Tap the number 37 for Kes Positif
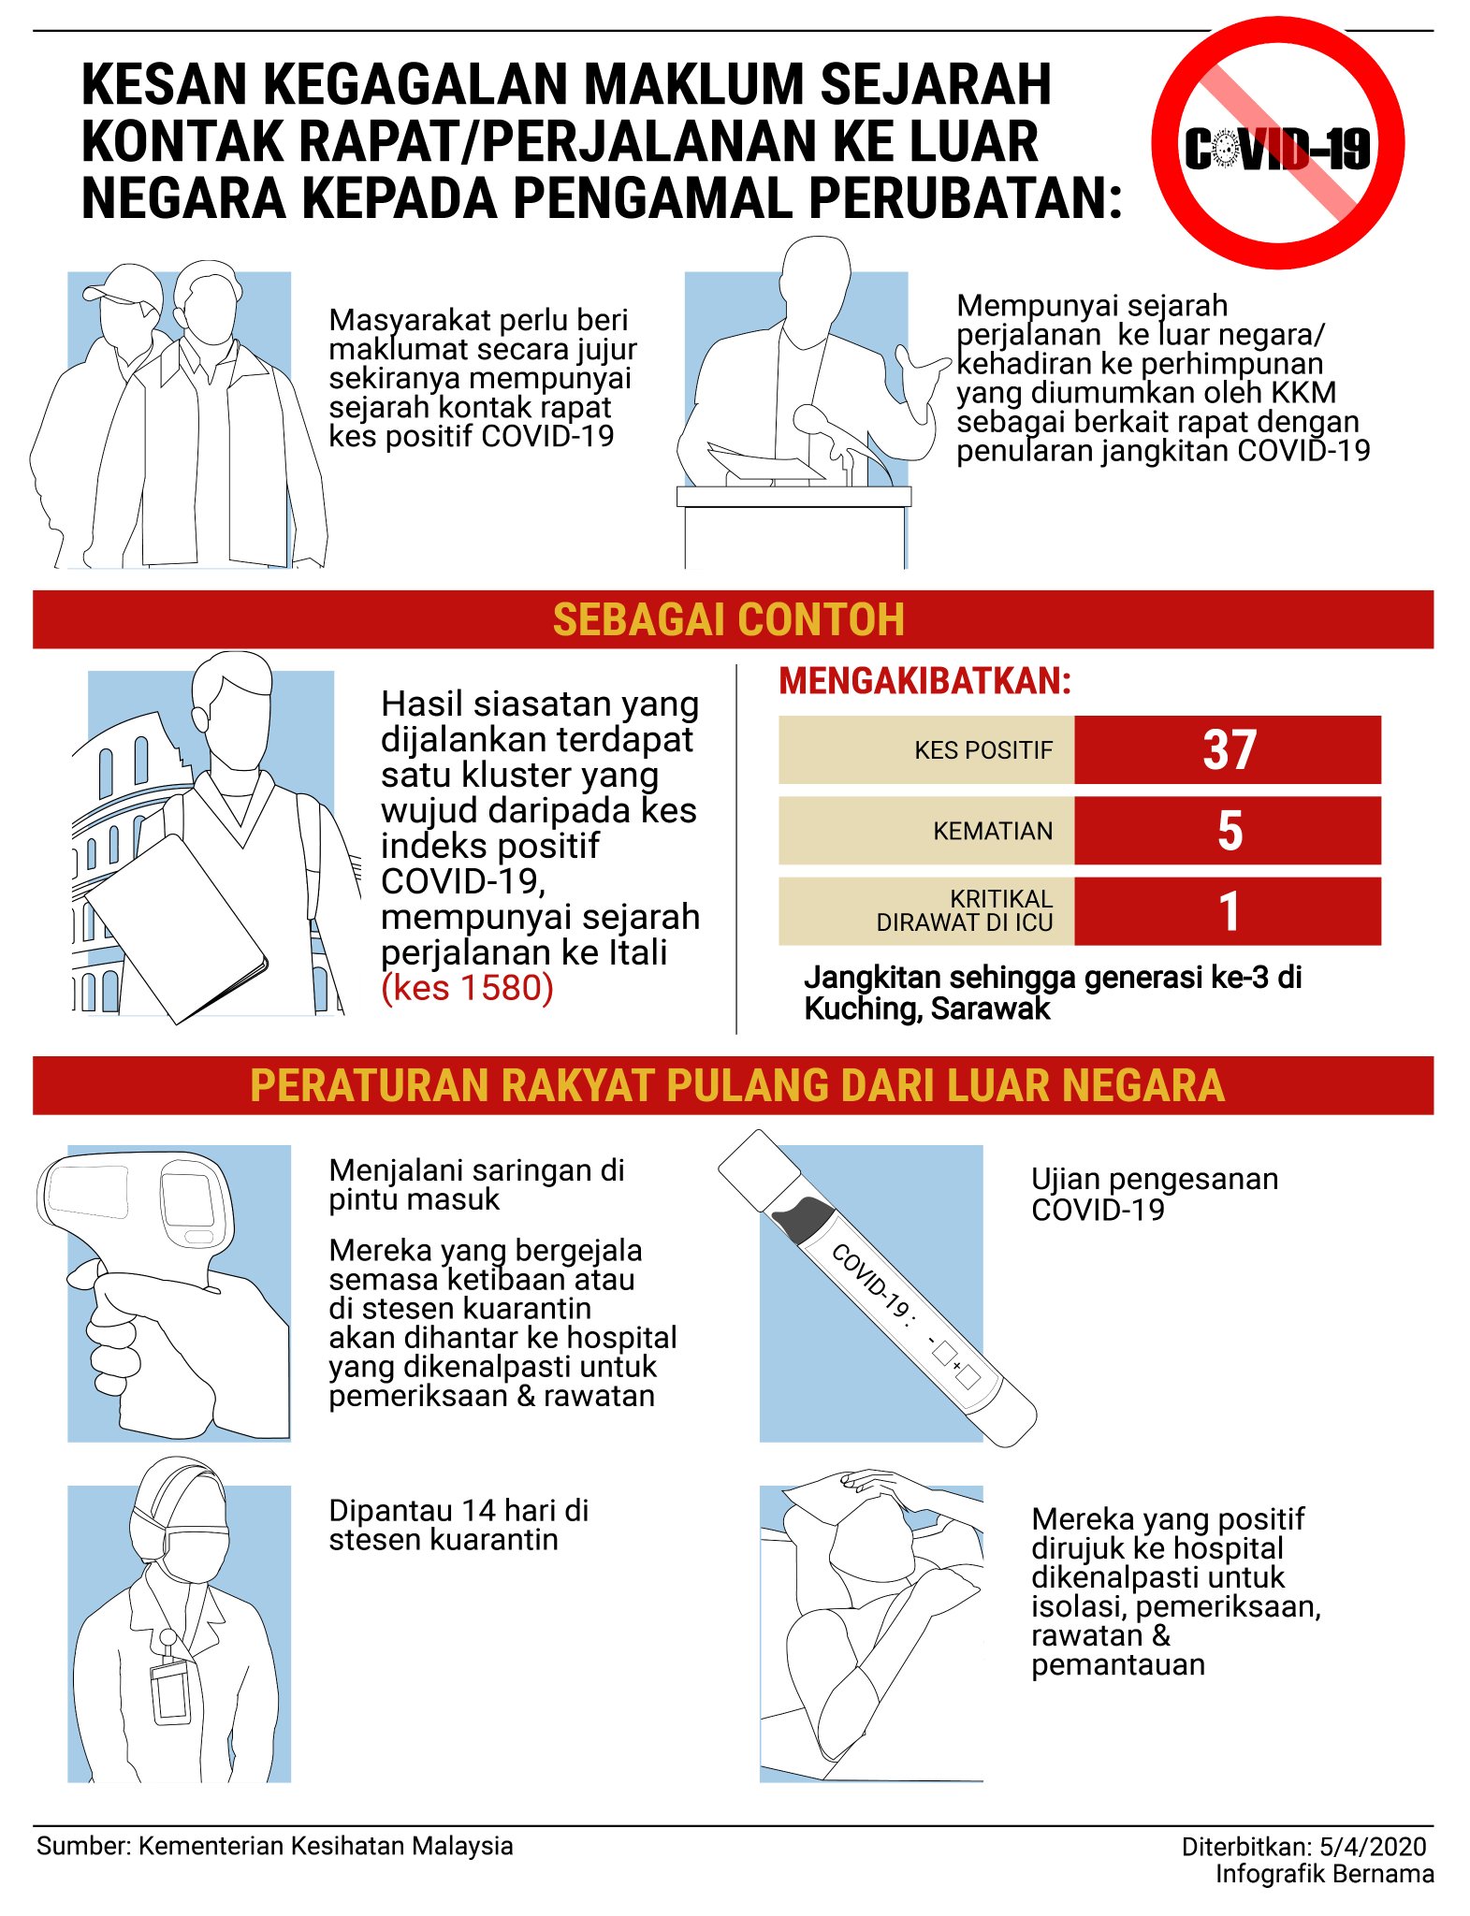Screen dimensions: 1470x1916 pos(1229,749)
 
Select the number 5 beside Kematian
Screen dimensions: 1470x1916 pos(1230,831)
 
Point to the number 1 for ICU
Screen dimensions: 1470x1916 pos(1230,911)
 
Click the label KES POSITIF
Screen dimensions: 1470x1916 pos(983,750)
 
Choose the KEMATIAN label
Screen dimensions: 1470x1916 pos(993,831)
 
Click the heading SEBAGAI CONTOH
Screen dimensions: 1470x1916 pos(729,619)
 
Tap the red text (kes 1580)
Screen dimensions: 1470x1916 pos(468,988)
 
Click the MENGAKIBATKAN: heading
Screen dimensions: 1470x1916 pos(925,681)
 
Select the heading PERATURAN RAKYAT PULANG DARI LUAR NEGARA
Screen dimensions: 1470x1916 pos(737,1085)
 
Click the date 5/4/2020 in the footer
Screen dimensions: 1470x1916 pos(1373,1847)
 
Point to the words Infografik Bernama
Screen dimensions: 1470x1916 pos(1324,1874)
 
